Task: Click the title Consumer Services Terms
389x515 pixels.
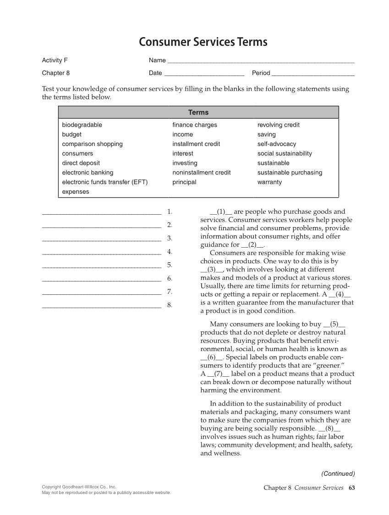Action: [203, 43]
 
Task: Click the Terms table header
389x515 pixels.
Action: [198, 113]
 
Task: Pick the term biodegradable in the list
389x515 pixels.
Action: [82, 125]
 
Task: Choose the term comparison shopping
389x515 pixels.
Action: [92, 144]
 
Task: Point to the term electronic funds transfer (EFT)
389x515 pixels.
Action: [105, 182]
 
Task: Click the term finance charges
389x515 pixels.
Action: [195, 125]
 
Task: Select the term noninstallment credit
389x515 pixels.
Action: [201, 173]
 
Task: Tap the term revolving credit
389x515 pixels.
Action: [279, 125]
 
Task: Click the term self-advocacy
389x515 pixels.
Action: [277, 144]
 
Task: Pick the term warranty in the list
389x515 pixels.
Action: [269, 182]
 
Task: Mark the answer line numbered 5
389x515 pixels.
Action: [101, 266]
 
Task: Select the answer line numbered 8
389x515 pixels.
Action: [101, 306]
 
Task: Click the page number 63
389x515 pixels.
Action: [351, 488]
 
